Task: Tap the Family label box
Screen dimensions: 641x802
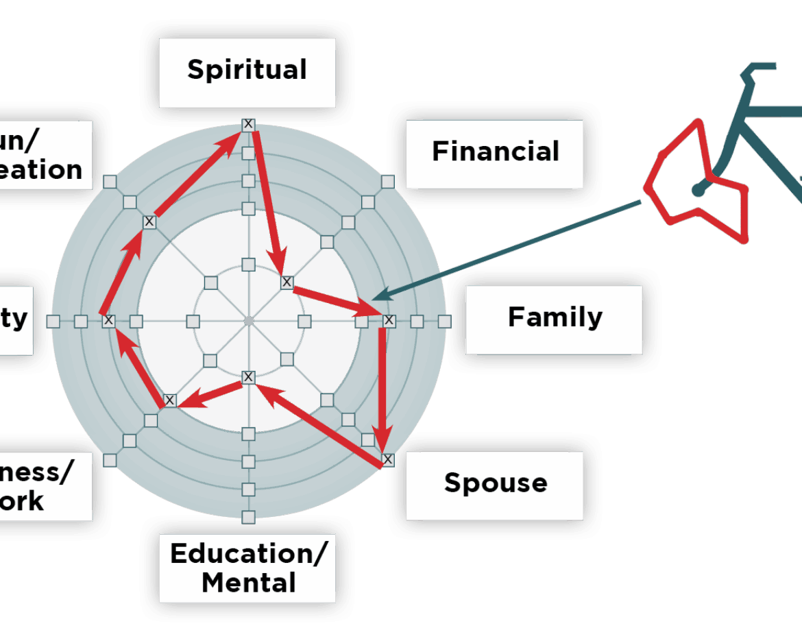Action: [x=555, y=319]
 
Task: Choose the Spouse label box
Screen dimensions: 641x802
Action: [x=495, y=483]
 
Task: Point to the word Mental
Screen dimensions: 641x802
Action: [x=249, y=583]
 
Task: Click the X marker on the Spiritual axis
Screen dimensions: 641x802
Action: [x=248, y=124]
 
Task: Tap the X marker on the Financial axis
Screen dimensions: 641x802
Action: [x=287, y=282]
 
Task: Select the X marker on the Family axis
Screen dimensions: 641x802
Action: [x=389, y=320]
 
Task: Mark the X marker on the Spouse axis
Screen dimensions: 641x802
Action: [x=388, y=459]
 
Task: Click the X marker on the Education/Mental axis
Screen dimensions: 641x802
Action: [x=248, y=376]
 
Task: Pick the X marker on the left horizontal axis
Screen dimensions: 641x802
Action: [x=108, y=320]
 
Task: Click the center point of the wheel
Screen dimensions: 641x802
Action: [x=249, y=321]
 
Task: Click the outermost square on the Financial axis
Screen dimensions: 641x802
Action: [x=388, y=182]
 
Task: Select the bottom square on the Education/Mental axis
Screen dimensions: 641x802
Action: [x=248, y=516]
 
